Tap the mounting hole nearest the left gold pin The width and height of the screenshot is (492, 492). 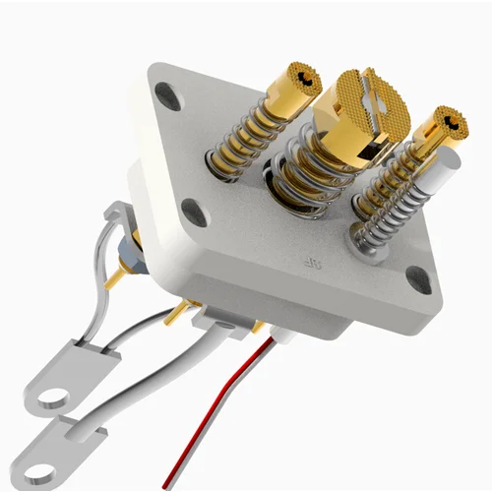[168, 96]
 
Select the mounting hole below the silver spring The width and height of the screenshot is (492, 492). [417, 280]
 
